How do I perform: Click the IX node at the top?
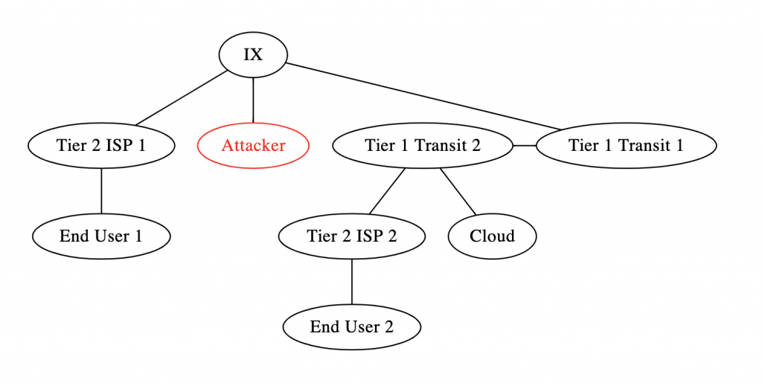pos(253,55)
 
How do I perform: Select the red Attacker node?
pos(253,145)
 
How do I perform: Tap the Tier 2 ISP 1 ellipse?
pos(101,145)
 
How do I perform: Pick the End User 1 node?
pos(101,236)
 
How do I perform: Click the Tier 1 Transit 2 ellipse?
pos(423,145)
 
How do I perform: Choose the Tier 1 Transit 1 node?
pos(626,145)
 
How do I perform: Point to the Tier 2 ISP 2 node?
pos(351,236)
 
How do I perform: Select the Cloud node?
pos(492,236)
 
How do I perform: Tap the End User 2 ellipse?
pos(351,326)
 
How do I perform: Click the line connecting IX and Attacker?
pos(253,100)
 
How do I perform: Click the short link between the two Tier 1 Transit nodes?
pos(525,145)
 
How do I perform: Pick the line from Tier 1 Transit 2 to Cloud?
pos(458,191)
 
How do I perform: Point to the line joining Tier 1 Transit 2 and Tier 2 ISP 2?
pos(387,191)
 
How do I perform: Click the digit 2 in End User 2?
pos(388,326)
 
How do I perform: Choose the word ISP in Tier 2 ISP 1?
pos(118,145)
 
